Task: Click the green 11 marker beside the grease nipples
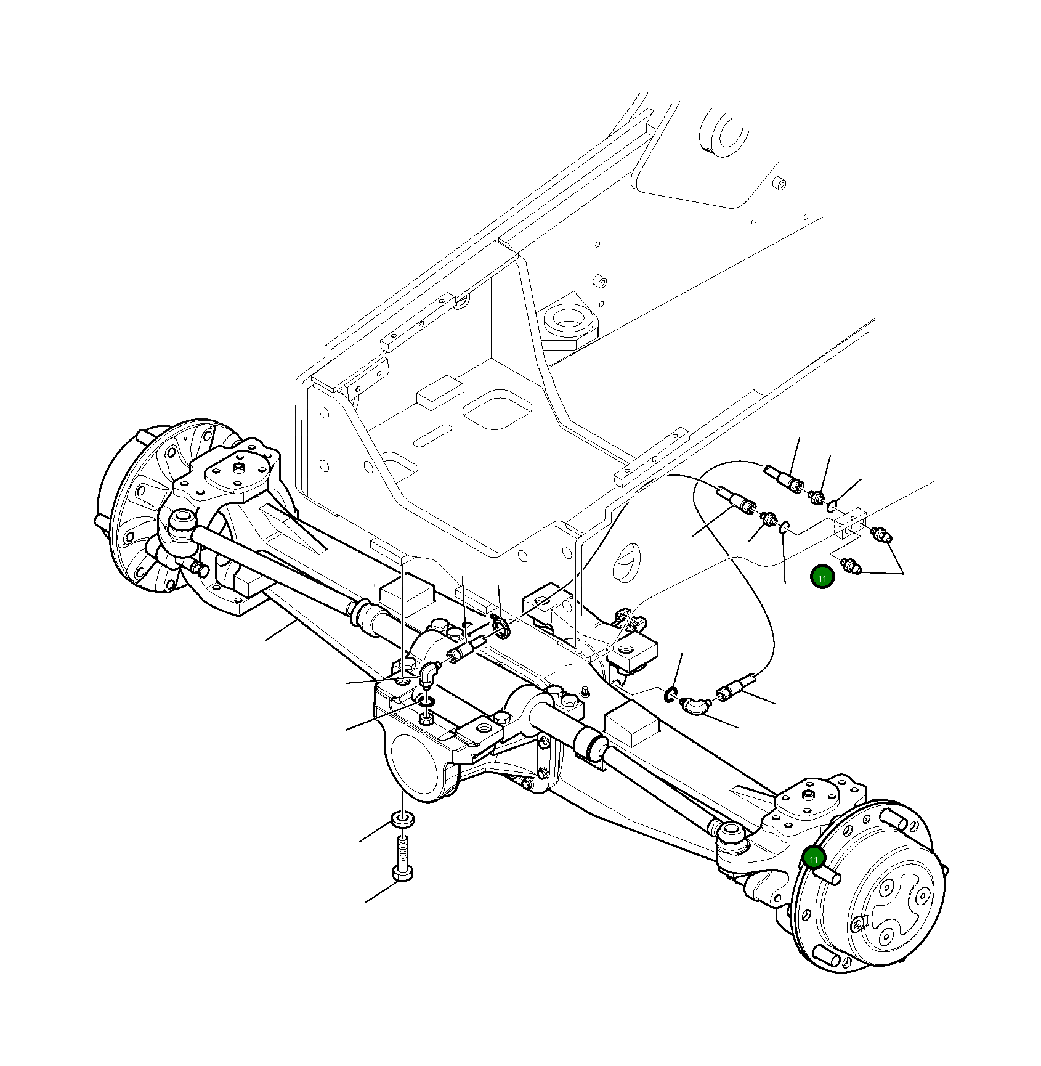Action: tap(822, 577)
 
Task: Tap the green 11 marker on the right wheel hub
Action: tap(814, 858)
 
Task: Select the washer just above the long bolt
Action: tap(402, 820)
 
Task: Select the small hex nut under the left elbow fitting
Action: tap(425, 718)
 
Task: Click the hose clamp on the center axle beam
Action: tap(502, 629)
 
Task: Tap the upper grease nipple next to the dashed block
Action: tap(881, 534)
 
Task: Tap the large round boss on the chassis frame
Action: tap(567, 320)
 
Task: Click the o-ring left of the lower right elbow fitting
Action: tap(671, 694)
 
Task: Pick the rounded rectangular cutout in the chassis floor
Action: tap(497, 409)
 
